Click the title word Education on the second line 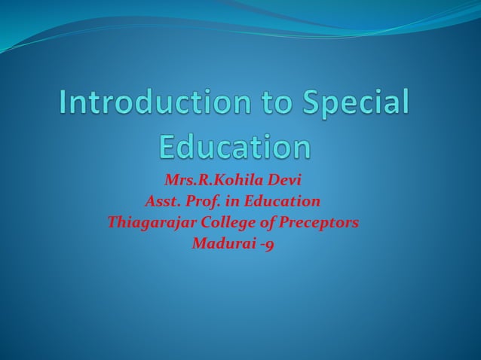pyautogui.click(x=235, y=145)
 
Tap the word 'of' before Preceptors pyautogui.click(x=268, y=222)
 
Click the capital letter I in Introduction pyautogui.click(x=63, y=104)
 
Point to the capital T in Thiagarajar pyautogui.click(x=112, y=222)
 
